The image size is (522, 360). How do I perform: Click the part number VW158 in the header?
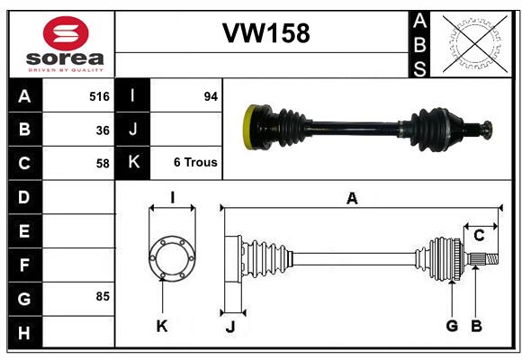tap(265, 33)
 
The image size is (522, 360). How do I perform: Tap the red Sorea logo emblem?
tap(66, 35)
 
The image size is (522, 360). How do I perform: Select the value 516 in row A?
tap(99, 96)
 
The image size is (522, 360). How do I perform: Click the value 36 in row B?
tap(103, 130)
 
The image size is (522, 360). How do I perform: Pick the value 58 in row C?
tap(103, 164)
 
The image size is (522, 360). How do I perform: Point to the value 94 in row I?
tap(211, 96)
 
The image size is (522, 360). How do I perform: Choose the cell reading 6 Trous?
tap(195, 163)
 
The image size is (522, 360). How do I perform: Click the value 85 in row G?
tap(103, 295)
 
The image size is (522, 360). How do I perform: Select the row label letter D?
tap(24, 196)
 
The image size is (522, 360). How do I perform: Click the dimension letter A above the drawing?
tap(352, 199)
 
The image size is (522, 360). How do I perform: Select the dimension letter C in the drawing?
tap(479, 236)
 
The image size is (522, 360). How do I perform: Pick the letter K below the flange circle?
tap(162, 326)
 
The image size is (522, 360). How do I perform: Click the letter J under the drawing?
tap(229, 326)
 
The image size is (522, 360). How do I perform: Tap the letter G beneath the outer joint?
tap(452, 326)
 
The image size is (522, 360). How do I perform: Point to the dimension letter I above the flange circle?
tap(171, 198)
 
